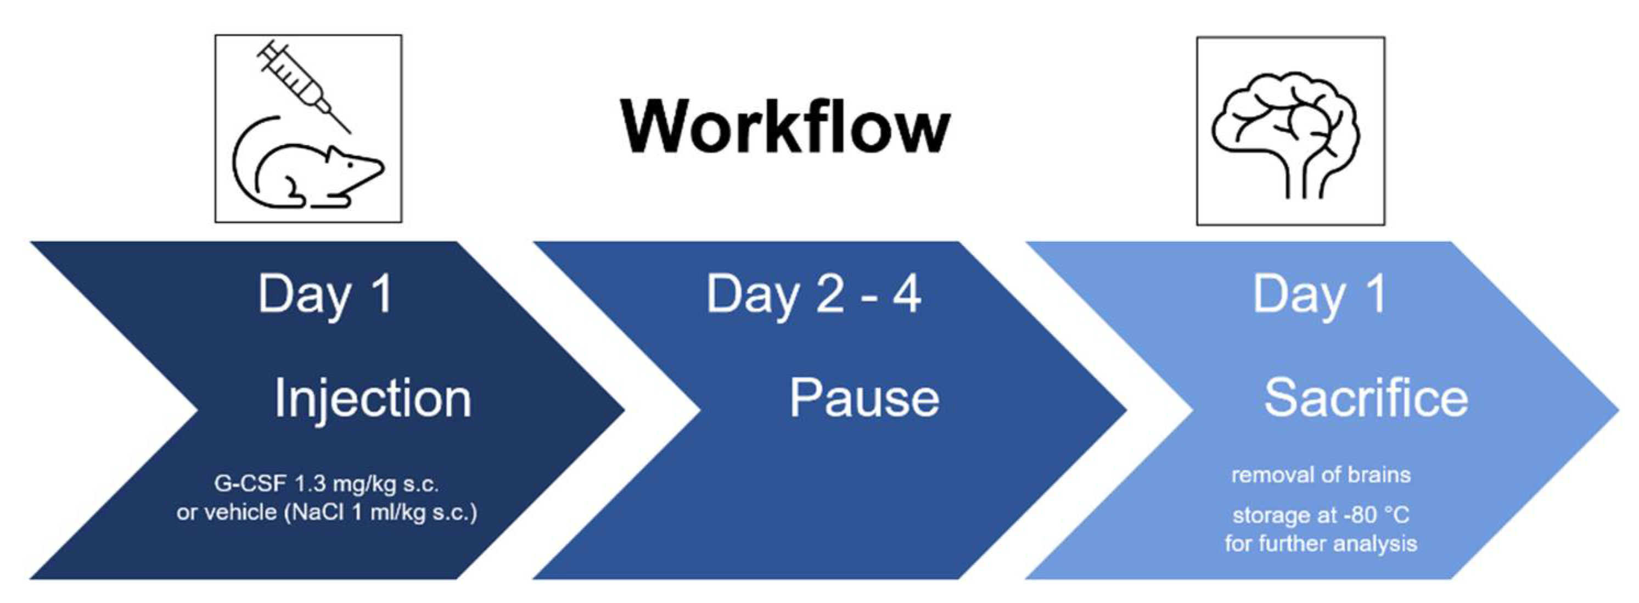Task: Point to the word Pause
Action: click(864, 398)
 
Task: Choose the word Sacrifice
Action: click(1366, 398)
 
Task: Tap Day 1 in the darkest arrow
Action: click(325, 294)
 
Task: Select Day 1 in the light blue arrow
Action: click(1320, 294)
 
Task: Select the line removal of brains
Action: click(1321, 475)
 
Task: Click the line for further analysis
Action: click(1321, 543)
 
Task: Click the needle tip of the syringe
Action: click(349, 132)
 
